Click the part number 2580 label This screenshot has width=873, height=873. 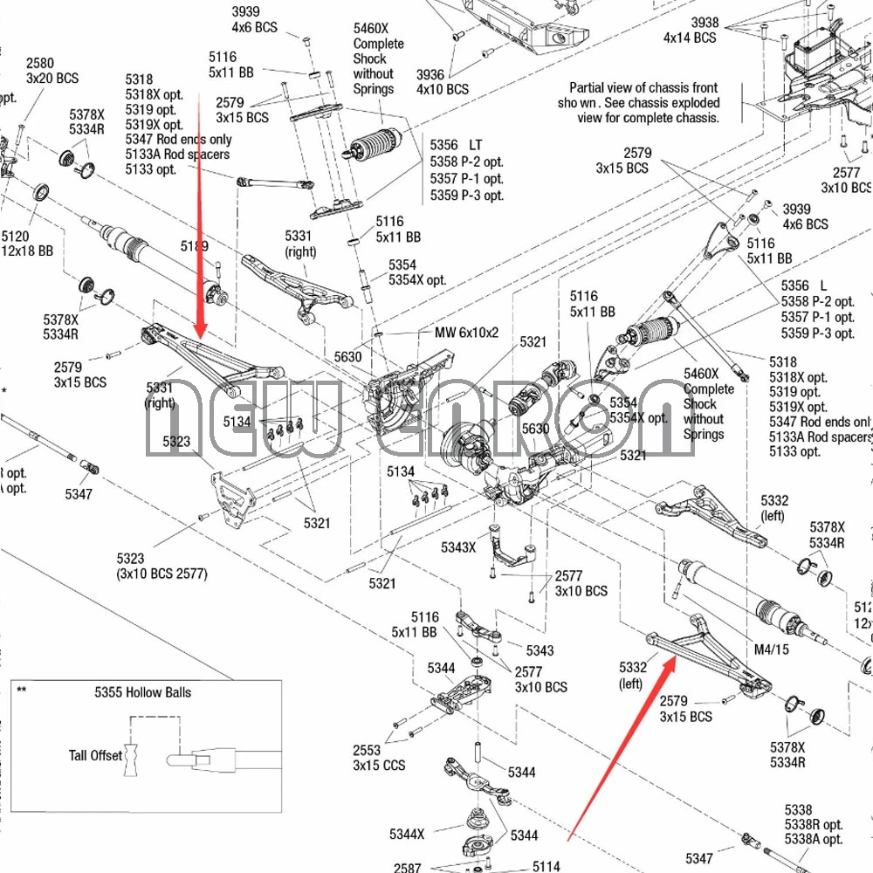click(x=40, y=64)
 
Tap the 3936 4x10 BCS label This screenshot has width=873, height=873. click(x=442, y=82)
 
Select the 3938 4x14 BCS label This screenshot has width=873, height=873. click(x=690, y=31)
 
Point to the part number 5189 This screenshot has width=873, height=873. click(x=195, y=246)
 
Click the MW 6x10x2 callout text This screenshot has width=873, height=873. click(x=466, y=333)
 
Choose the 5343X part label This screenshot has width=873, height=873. click(x=458, y=547)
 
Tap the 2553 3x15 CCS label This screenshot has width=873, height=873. click(x=378, y=758)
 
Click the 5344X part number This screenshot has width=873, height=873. click(x=407, y=834)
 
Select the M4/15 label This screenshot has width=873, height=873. click(x=771, y=649)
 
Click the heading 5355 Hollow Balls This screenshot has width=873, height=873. click(x=142, y=692)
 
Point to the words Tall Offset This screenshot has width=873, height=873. click(x=96, y=755)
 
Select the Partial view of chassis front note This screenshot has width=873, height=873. click(x=643, y=102)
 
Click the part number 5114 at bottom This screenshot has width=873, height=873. click(x=546, y=867)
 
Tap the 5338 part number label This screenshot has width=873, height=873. click(x=798, y=811)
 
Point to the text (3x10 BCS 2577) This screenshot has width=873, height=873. click(x=162, y=574)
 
